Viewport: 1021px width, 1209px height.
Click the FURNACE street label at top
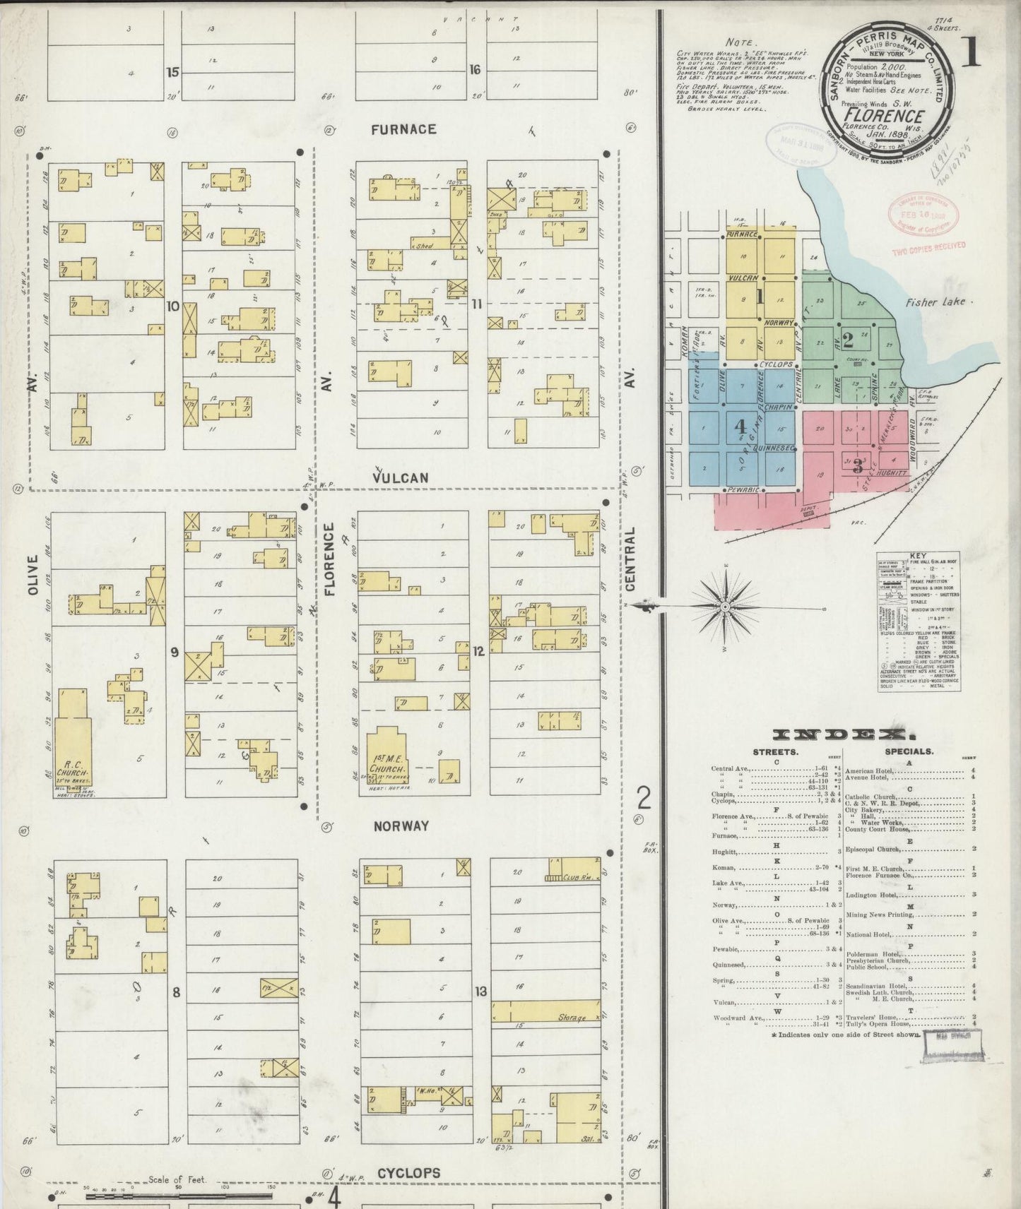[403, 129]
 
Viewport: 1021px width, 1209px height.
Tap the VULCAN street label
[400, 478]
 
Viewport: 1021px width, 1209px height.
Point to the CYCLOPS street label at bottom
[408, 1173]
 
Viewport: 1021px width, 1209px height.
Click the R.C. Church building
[73, 742]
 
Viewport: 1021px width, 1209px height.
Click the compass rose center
[726, 607]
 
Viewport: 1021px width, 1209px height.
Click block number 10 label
[172, 306]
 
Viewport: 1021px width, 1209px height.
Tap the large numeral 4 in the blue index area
[740, 427]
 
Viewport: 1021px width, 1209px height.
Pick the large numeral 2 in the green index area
[847, 340]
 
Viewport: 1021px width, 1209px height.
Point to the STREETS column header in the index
[775, 752]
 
